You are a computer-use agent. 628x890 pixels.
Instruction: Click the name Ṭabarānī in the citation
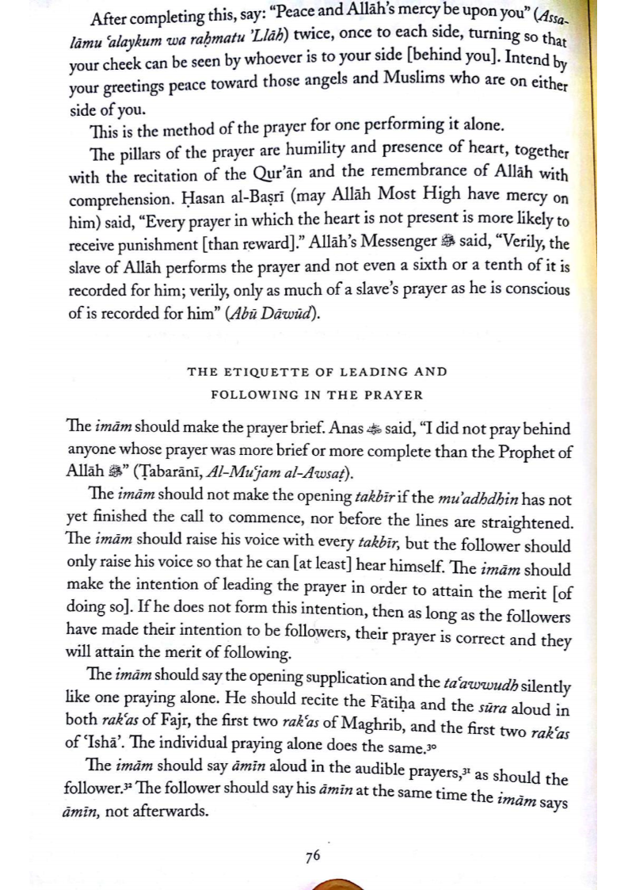tap(174, 474)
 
